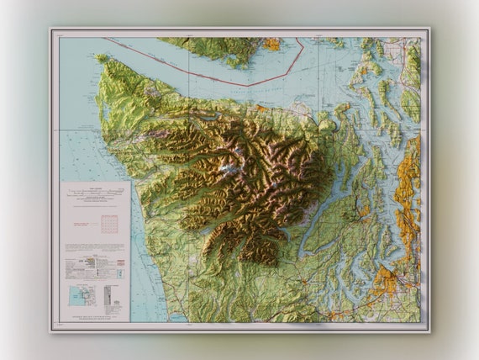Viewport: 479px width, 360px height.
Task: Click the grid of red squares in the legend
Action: (108, 224)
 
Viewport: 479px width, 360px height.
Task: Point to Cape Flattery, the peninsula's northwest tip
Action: (101, 60)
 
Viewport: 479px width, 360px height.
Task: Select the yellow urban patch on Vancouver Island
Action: (271, 44)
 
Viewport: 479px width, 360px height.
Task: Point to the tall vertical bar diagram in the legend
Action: (107, 295)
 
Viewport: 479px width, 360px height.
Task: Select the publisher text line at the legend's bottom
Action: (94, 318)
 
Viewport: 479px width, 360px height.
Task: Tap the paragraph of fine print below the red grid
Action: (94, 248)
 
